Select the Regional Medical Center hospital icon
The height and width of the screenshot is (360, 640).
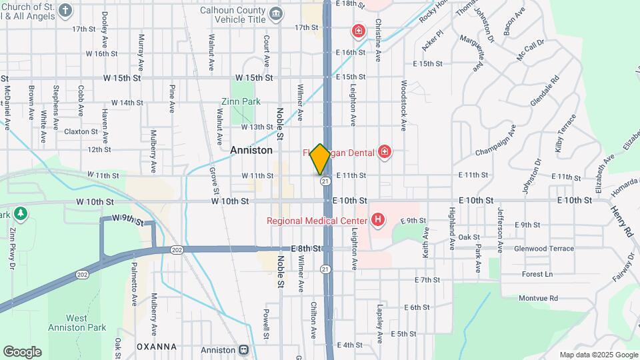click(378, 219)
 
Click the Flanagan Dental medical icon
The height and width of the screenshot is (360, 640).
click(384, 153)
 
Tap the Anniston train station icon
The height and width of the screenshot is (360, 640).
click(244, 349)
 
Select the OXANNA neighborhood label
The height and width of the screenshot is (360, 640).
click(156, 347)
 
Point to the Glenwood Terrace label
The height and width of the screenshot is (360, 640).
click(544, 249)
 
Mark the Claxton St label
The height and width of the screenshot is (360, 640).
click(81, 131)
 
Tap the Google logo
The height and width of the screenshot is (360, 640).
click(22, 352)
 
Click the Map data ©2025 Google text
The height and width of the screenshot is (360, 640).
click(598, 355)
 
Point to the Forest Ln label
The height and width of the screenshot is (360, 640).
click(537, 274)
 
